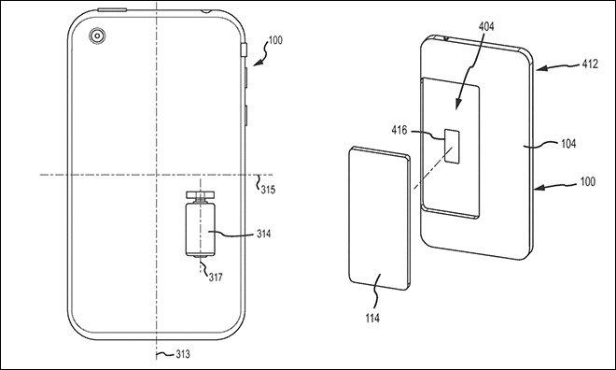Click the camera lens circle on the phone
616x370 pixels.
(97, 36)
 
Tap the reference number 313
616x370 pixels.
(183, 354)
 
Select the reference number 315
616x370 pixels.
(268, 190)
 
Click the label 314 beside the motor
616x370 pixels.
(264, 234)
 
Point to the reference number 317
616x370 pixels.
(216, 277)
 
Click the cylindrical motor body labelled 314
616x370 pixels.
(201, 229)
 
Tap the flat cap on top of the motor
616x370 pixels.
(201, 194)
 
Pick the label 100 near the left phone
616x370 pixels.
(275, 40)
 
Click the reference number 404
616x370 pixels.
(486, 26)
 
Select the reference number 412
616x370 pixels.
(590, 64)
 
